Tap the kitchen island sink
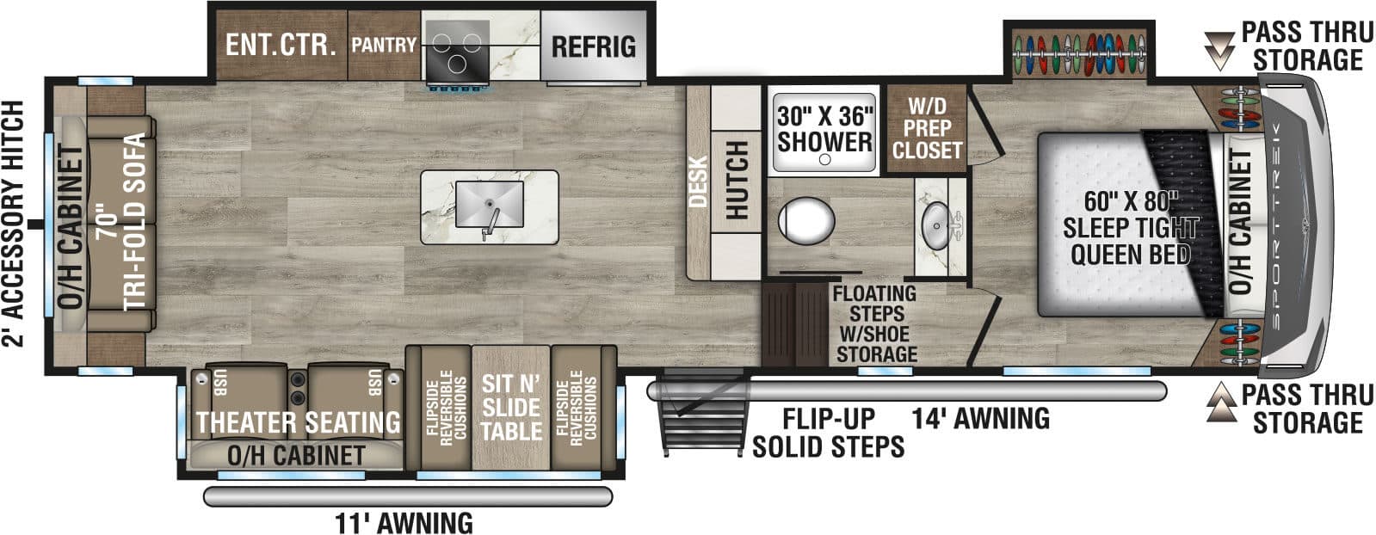tap(489, 205)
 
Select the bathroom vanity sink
tap(936, 226)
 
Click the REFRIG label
tap(593, 46)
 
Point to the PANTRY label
tap(383, 45)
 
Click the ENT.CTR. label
tap(281, 45)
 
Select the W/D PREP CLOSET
tap(927, 129)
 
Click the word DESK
tap(698, 181)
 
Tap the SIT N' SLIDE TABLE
tap(511, 407)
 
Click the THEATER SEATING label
tap(299, 422)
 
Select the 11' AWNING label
tap(403, 522)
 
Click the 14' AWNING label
tap(981, 418)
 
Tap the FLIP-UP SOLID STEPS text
tap(828, 432)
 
